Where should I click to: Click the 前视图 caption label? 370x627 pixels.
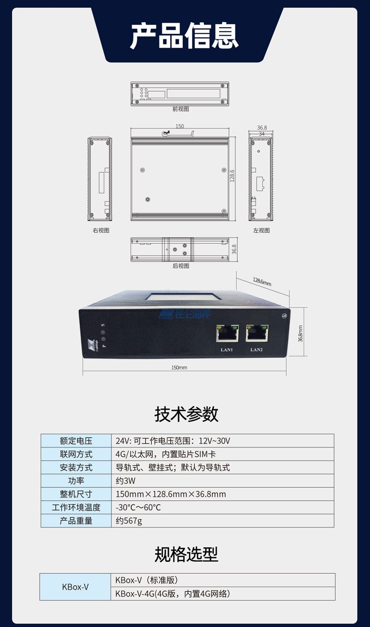click(180, 109)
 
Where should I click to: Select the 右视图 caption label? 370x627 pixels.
click(101, 230)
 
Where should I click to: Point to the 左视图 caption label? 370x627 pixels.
click(261, 230)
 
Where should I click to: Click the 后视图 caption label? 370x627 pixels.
click(180, 266)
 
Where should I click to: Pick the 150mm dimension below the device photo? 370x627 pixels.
click(179, 368)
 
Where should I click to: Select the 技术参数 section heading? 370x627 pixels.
click(186, 414)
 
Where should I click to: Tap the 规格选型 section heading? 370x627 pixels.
click(186, 554)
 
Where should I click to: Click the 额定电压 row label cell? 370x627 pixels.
click(76, 441)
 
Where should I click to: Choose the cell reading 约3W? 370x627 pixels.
click(222, 481)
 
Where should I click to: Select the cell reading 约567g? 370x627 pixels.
click(222, 521)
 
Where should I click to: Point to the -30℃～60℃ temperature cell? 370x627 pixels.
click(222, 507)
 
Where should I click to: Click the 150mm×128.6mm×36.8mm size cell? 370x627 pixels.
click(222, 494)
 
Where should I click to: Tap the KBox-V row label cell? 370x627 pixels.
click(75, 587)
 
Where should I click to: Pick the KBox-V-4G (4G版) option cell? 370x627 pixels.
click(222, 594)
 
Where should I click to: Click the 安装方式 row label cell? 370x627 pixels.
click(76, 467)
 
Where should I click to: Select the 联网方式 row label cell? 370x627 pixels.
click(76, 454)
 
